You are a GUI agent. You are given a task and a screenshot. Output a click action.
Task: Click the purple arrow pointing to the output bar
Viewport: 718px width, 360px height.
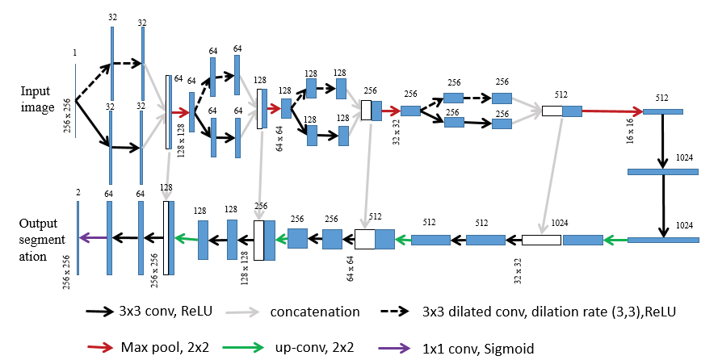point(94,237)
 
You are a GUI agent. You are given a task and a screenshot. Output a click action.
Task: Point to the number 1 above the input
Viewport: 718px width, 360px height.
point(74,52)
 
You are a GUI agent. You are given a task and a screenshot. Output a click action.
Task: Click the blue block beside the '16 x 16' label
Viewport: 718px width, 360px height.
point(662,111)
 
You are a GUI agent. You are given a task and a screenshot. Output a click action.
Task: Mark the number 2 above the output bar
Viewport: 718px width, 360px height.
point(78,193)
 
